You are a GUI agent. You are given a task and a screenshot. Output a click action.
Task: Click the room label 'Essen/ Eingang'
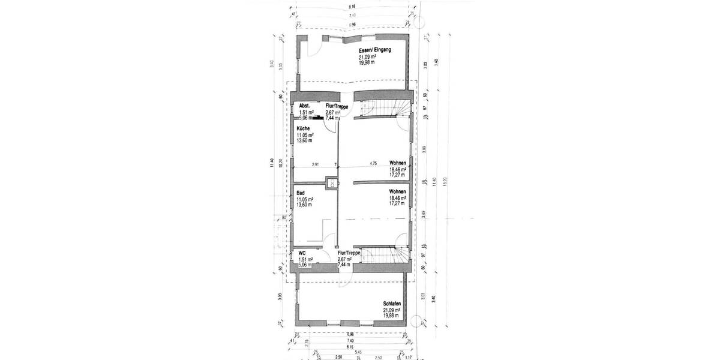376,50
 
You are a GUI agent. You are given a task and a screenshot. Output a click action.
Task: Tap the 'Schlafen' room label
392,304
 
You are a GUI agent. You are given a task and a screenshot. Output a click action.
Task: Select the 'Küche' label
303,129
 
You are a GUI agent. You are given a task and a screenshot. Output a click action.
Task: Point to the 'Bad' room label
301,193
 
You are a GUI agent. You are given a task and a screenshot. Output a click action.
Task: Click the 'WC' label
302,253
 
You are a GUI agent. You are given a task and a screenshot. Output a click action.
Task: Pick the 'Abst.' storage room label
304,106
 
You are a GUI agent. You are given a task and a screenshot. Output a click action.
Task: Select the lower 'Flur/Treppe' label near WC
349,253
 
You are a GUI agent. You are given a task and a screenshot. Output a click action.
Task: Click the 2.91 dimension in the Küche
315,164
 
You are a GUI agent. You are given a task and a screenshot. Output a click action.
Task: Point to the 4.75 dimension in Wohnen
373,163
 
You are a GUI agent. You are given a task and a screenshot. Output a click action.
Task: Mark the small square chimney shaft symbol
329,182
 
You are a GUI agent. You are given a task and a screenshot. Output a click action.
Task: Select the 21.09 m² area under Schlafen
392,310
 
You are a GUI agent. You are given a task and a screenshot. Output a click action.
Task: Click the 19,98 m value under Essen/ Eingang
368,62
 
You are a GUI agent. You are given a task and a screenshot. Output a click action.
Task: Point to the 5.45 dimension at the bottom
358,352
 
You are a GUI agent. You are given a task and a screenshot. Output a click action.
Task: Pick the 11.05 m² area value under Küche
306,136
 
